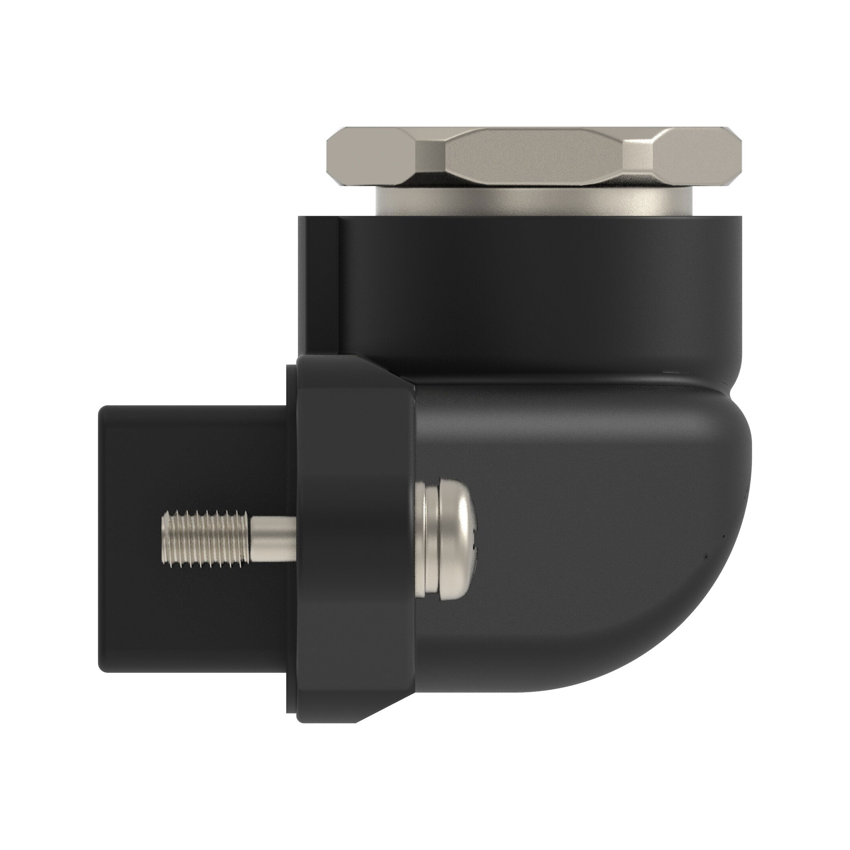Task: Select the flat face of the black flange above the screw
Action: tap(357, 440)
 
